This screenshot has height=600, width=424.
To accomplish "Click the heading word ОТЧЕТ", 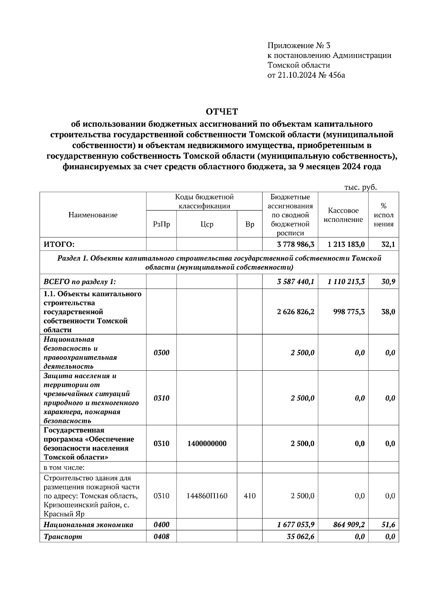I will coord(222,112).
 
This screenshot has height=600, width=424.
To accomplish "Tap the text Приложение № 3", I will coord(299,46).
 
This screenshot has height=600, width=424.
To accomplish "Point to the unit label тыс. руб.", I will coord(360,187).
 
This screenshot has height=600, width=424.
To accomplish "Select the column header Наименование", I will coord(93,215).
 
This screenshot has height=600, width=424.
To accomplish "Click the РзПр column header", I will coord(161,224).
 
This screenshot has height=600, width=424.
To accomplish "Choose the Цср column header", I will coord(207,224).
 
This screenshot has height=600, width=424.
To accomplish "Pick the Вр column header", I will coord(249,224).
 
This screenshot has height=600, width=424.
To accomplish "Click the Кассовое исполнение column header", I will coord(343,215).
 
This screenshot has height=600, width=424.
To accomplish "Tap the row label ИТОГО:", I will coord(59,244).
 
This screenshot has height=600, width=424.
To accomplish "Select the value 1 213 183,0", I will coord(346,244).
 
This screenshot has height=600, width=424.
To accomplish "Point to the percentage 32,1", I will coord(388,244).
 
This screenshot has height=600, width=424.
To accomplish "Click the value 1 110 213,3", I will coord(346,282).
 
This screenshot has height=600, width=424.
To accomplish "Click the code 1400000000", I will coord(207,443).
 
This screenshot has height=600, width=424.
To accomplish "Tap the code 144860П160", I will coord(207,496).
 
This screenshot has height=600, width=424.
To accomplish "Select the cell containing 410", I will coord(249,496).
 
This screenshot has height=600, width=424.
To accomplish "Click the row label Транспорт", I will coord(63,536).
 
